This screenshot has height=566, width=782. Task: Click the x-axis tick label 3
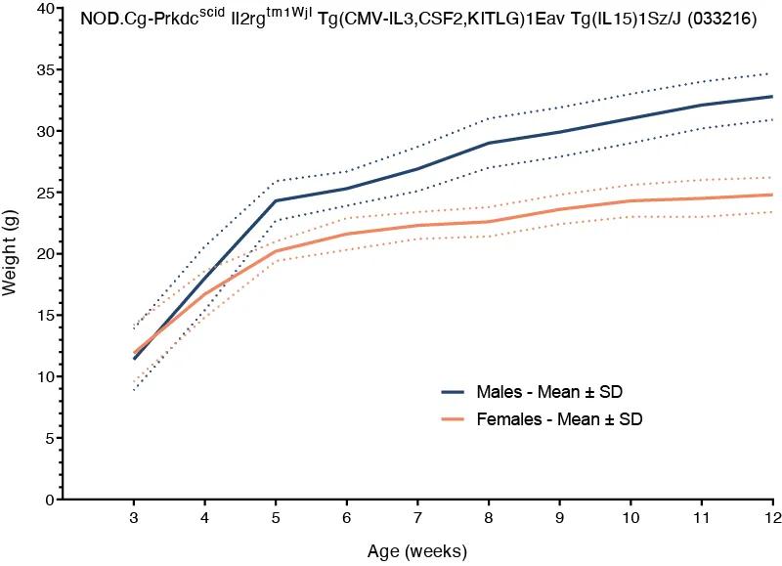pos(135,517)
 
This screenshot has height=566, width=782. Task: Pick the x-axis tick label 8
pos(490,517)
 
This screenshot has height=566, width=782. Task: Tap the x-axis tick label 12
pos(770,517)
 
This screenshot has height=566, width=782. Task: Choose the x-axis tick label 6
pos(348,517)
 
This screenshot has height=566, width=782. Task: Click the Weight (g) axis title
pos(12,254)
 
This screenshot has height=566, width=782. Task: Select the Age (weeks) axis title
pos(418,550)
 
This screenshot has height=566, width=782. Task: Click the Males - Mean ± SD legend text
pos(549,392)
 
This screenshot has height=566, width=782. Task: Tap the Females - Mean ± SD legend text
pos(559,418)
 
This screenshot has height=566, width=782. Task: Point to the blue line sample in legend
pos(453,392)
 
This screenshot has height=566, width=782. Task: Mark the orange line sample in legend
pos(453,418)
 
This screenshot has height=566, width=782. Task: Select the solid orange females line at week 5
pos(277,251)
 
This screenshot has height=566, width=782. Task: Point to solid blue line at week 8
pos(490,143)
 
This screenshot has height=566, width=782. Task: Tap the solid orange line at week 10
pos(631,200)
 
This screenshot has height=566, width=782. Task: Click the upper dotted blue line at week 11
pos(702,81)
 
